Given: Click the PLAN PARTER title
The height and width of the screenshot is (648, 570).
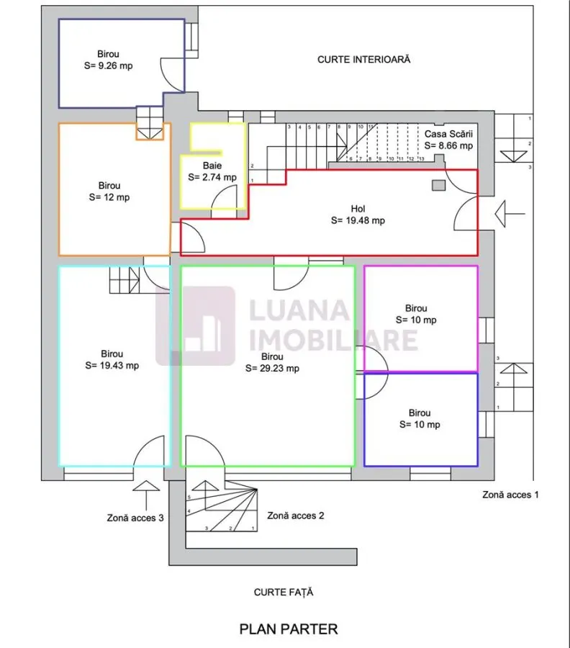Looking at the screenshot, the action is [289, 629].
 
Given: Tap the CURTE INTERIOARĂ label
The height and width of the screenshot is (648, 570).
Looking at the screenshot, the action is [364, 60].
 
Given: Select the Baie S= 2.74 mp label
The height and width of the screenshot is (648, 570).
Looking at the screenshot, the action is [212, 171].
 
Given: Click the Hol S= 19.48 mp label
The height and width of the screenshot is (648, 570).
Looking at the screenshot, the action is [358, 215].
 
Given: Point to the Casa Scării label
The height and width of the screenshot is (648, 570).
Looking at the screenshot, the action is [448, 134].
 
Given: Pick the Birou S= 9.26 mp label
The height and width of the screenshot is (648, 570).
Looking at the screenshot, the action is [108, 60].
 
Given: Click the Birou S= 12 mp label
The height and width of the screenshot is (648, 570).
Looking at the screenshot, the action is [109, 192].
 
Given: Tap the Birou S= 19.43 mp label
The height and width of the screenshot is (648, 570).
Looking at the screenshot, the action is [112, 359].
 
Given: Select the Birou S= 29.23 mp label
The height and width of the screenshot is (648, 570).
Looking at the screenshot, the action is [272, 362].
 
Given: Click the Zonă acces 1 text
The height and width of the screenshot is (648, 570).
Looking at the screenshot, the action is [510, 495].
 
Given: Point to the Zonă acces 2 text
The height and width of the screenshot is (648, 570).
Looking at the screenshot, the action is [296, 516].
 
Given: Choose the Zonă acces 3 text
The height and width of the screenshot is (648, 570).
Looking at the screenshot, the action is [135, 518].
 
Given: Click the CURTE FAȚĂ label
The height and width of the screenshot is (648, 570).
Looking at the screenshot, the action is [284, 593].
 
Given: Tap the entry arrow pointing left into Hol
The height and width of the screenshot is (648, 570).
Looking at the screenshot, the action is [510, 214].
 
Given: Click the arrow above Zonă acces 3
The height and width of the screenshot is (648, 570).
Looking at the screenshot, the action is [146, 495].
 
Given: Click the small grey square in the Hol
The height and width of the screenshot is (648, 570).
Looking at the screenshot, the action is [438, 185].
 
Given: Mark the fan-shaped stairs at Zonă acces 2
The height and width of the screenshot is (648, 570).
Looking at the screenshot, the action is [222, 506].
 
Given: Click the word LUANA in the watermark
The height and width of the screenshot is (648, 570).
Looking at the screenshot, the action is [299, 310].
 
